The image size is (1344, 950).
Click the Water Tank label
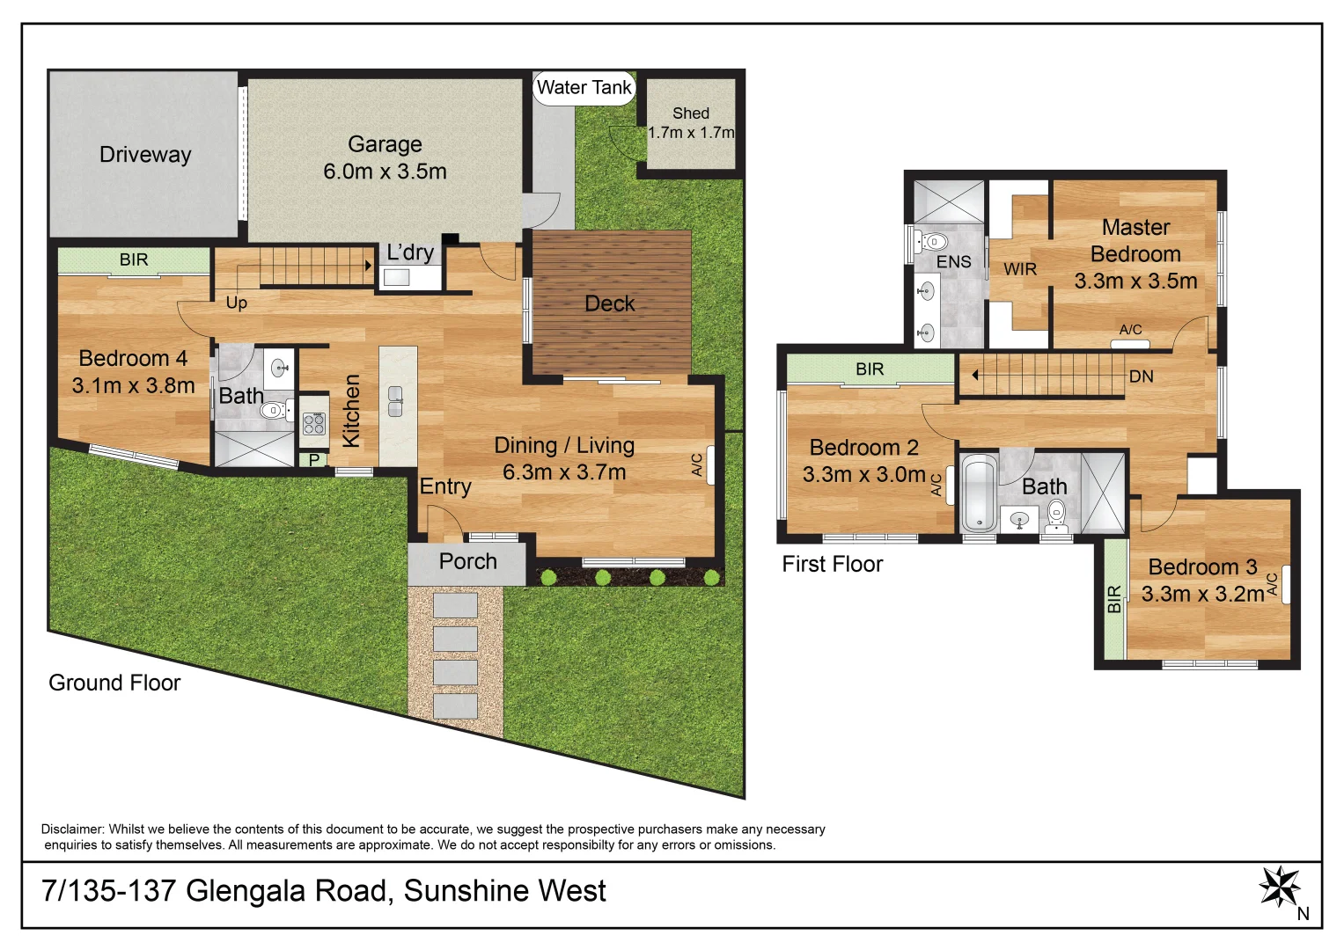point(584,88)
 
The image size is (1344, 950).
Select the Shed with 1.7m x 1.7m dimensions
point(691,123)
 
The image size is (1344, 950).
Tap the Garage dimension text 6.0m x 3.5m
point(385,172)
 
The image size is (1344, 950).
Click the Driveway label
point(145,155)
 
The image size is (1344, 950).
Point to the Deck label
point(609,303)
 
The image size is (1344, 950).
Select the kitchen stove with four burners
point(314,424)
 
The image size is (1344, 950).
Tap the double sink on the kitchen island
point(396,400)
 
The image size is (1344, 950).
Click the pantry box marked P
point(313,459)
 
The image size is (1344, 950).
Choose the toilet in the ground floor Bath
point(275,410)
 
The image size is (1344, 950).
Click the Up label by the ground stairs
point(237,303)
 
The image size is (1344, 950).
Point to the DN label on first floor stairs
point(1141,376)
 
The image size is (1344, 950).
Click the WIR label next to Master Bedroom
point(1020,269)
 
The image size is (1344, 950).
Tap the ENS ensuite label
point(953,262)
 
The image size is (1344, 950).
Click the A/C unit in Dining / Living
point(710,465)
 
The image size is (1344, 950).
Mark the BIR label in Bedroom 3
point(1114,599)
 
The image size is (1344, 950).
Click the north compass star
point(1279,887)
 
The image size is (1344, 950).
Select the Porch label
point(467,561)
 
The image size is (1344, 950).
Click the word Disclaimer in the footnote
point(72,829)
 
